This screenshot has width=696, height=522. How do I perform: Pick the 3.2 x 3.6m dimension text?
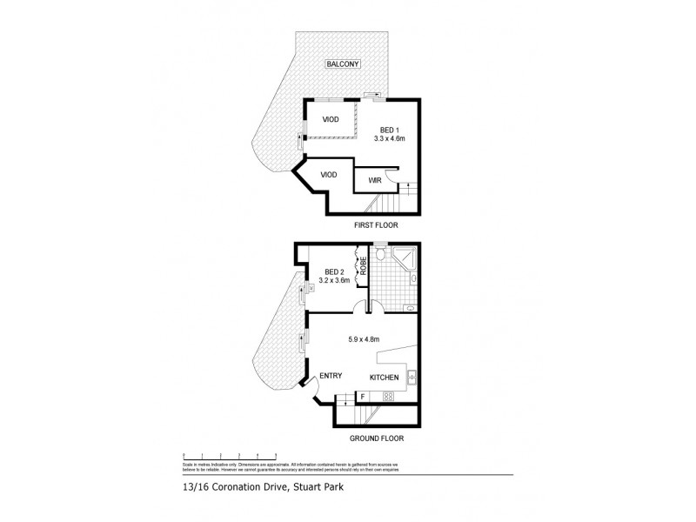tap(333, 281)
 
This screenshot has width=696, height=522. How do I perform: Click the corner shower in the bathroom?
tap(405, 258)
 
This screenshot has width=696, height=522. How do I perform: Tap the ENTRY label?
tap(330, 376)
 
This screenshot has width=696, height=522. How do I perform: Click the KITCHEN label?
tap(385, 378)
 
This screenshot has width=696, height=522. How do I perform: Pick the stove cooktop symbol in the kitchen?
tap(388, 398)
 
